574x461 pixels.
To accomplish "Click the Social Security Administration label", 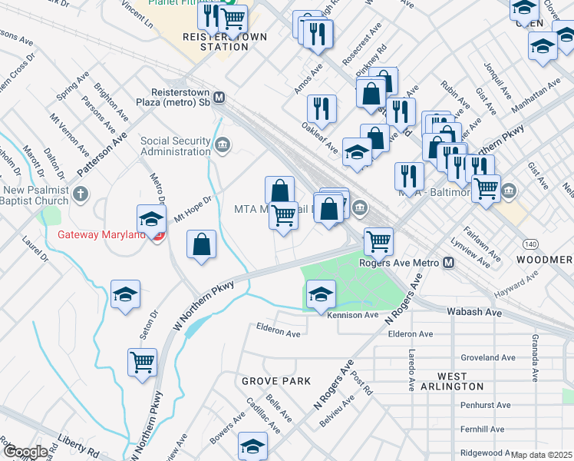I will point(175,146).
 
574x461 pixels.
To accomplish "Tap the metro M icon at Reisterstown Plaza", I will point(219,98).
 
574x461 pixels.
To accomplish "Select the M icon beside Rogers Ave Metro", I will point(449,263).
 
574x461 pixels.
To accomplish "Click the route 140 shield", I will point(530,243).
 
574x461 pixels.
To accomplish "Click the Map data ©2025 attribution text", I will point(541,455).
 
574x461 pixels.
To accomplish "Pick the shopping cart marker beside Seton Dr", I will point(143,362).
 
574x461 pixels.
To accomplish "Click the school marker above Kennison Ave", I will point(321,294).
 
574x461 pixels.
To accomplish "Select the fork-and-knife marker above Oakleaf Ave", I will point(322,108).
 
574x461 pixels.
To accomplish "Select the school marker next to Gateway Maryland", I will point(152,219).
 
